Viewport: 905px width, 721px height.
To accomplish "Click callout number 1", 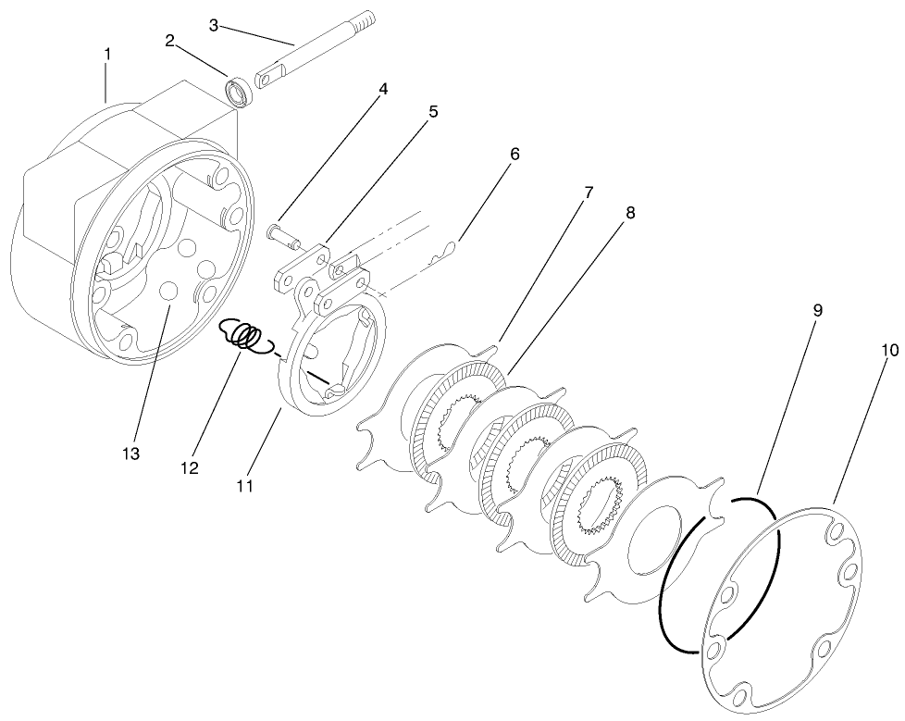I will click(x=107, y=55).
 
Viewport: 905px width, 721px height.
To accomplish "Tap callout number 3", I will click(x=214, y=24).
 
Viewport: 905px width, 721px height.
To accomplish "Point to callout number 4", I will click(x=382, y=90).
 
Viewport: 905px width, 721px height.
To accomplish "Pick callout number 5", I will click(x=433, y=112).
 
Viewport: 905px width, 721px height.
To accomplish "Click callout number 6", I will click(x=514, y=154).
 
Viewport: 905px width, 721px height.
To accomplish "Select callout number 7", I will click(x=589, y=193).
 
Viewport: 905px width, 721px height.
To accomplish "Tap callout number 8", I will click(x=629, y=213).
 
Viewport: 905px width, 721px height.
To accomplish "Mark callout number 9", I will click(x=817, y=311).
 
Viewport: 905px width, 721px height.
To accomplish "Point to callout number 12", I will click(x=190, y=468).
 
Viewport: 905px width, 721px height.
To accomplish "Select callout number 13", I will click(x=134, y=454).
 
